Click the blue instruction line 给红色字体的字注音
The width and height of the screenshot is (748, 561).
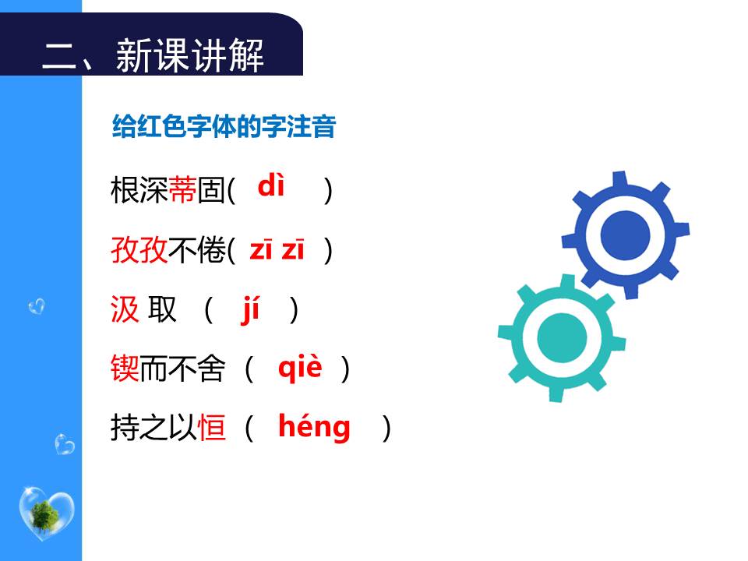click(x=224, y=126)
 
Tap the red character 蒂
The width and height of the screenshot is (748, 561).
click(x=182, y=190)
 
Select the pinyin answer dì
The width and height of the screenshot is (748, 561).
click(x=271, y=187)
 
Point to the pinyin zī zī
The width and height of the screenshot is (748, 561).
click(x=277, y=250)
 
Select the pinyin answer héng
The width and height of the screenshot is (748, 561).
click(x=314, y=427)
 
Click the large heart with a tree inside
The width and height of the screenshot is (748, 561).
click(x=46, y=513)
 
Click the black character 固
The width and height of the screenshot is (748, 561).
click(x=211, y=190)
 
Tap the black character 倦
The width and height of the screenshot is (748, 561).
click(x=211, y=251)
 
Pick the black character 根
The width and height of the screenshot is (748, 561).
click(x=125, y=190)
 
